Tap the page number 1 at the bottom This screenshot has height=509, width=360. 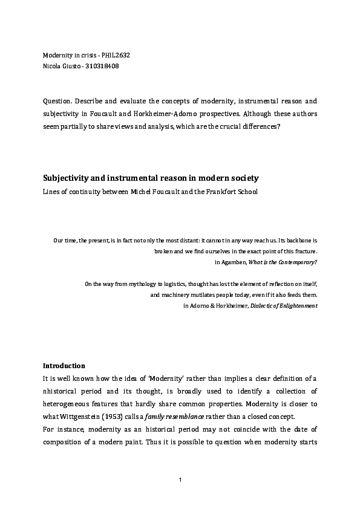coord(180,479)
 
